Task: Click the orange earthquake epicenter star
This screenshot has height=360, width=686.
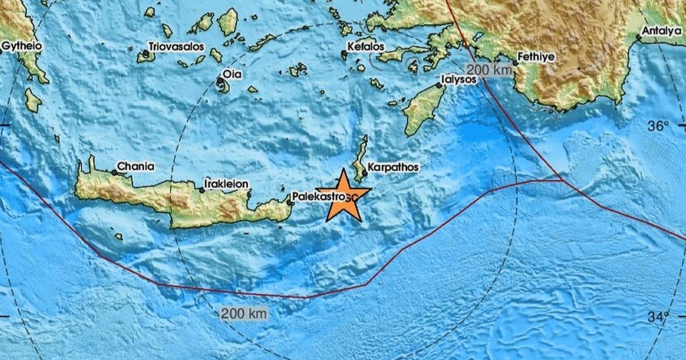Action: click(343, 196)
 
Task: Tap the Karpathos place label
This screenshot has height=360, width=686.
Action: click(393, 167)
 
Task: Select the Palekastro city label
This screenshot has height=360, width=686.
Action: click(318, 195)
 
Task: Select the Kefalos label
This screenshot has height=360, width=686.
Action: click(365, 46)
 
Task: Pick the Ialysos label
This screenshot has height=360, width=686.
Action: click(459, 79)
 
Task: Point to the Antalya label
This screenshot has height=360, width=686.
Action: click(661, 31)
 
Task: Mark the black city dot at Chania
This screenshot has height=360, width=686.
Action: click(114, 172)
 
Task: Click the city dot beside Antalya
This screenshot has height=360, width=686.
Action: click(639, 38)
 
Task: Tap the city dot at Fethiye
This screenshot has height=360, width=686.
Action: click(514, 63)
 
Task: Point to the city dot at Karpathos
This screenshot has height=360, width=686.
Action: click(364, 173)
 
